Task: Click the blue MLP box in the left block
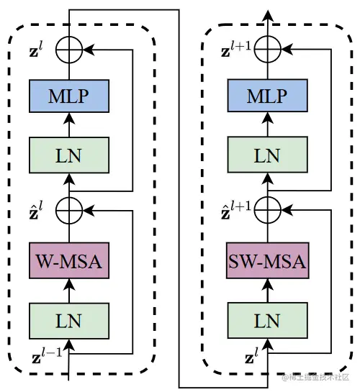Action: (69, 96)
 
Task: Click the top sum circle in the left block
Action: (69, 50)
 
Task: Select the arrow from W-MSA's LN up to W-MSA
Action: (69, 291)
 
